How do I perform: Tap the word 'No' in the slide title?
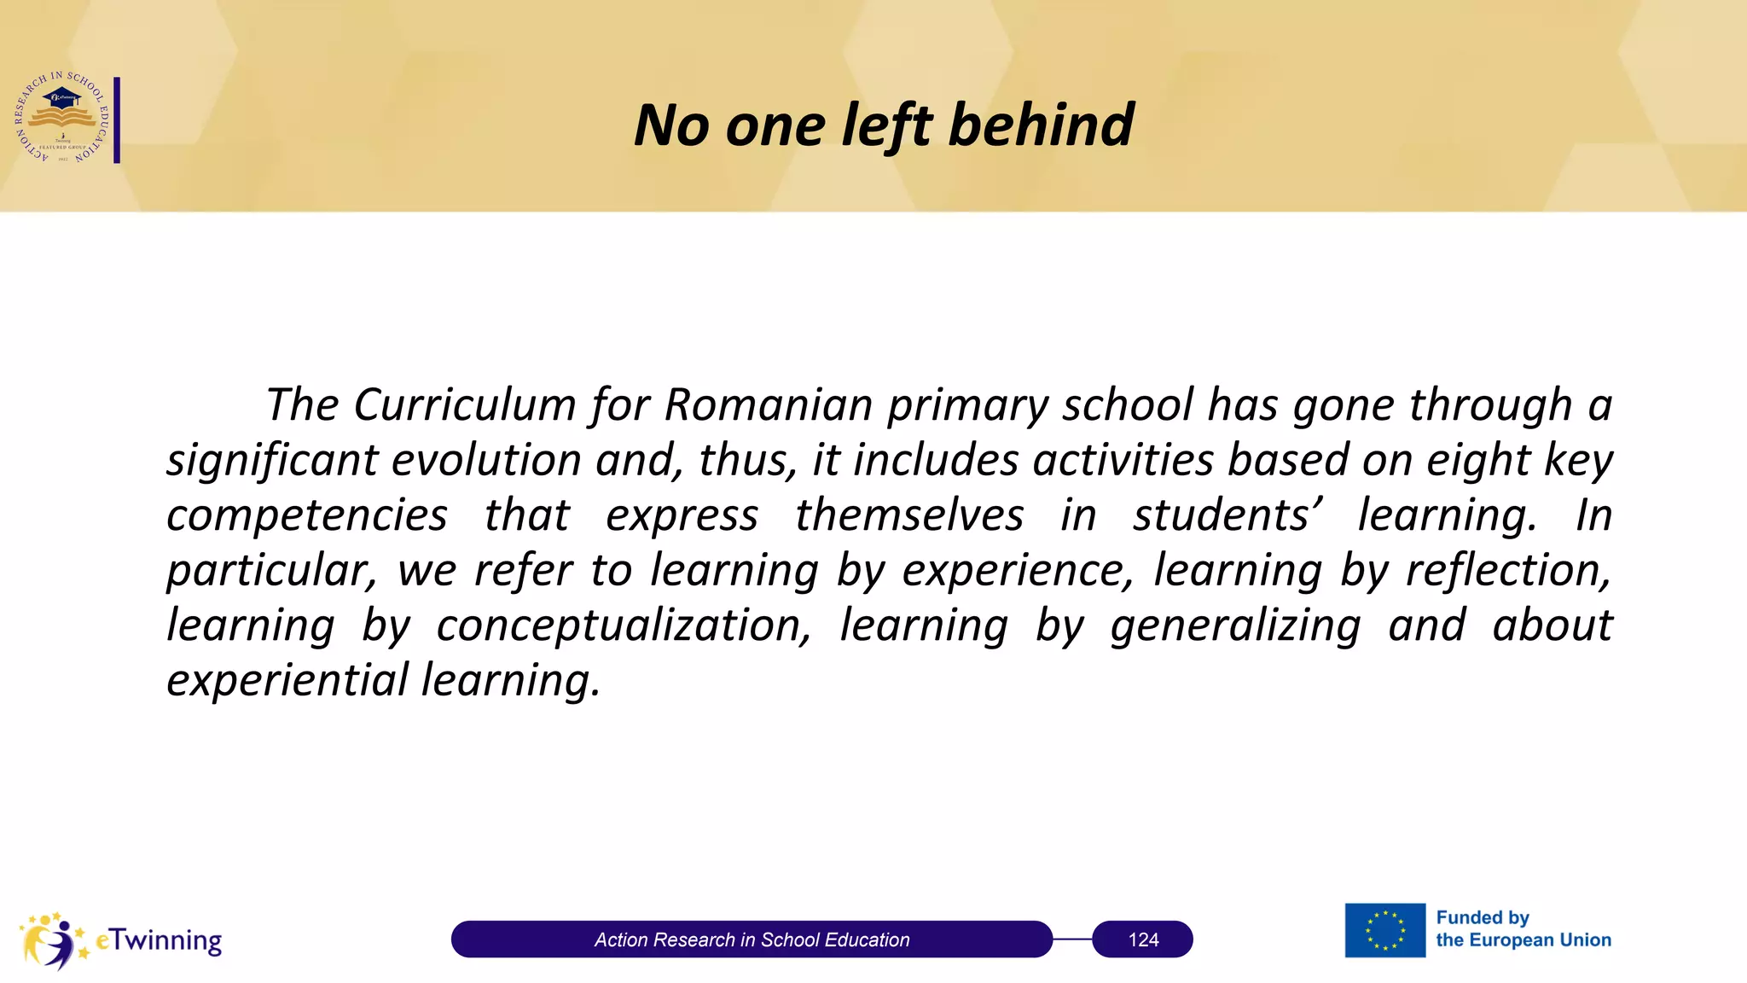671,125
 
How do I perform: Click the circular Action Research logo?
61,118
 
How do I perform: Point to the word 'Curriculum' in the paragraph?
464,404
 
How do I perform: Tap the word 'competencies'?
306,515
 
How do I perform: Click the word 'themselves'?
908,515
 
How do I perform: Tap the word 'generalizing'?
1235,625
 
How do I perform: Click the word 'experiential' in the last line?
287,680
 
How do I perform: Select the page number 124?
1143,939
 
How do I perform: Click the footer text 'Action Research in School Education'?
752,939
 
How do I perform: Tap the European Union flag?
1384,930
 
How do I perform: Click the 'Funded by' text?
1482,917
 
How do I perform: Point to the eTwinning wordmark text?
159,939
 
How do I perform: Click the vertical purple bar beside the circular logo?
117,119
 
